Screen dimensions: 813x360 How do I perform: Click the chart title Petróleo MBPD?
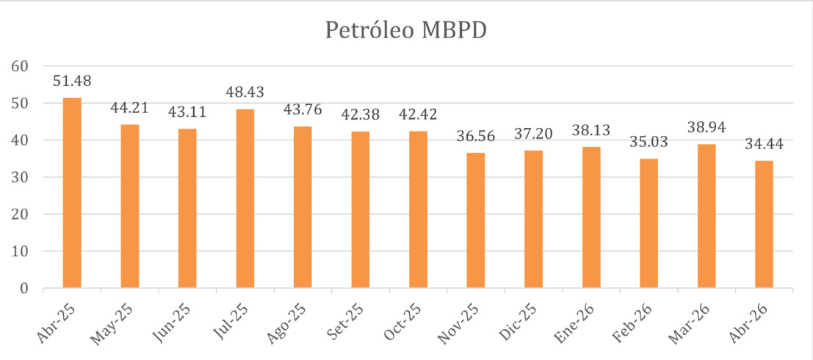click(406, 31)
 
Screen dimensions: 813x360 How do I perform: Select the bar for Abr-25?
click(72, 192)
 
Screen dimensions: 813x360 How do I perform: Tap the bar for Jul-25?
click(245, 198)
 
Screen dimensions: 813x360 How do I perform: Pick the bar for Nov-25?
click(476, 220)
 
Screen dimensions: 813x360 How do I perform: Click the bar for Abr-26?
click(765, 224)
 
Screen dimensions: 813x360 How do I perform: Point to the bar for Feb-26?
click(648, 223)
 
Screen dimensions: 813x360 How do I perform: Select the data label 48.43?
click(245, 93)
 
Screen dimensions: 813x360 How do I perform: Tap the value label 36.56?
click(476, 137)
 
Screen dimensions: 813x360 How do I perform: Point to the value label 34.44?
click(765, 145)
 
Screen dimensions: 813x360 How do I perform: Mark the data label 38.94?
click(707, 128)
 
